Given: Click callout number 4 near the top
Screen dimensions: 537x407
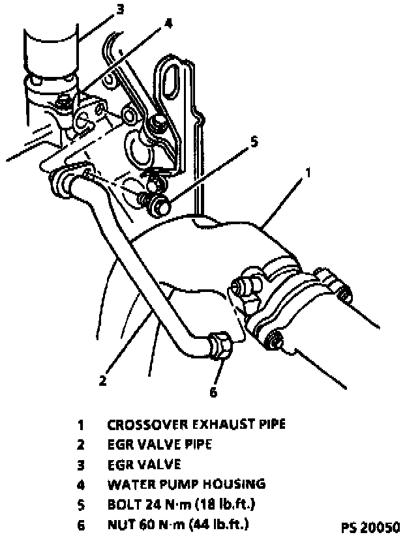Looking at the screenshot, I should tap(168, 23).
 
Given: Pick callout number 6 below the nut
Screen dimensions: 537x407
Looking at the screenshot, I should tap(212, 392).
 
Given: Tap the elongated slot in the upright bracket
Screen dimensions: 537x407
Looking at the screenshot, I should tap(175, 78).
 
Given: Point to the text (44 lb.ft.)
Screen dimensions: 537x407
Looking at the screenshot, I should tap(216, 523).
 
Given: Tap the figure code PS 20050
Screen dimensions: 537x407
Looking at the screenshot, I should tap(370, 526).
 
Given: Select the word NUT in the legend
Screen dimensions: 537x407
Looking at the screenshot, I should tap(119, 523).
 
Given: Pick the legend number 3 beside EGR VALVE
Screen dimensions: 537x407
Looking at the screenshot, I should tap(82, 465).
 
